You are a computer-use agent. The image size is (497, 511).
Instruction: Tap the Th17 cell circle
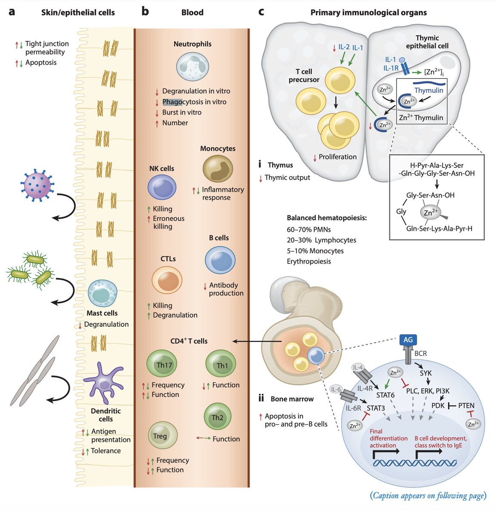tap(164, 365)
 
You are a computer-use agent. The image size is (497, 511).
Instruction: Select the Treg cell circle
tap(160, 436)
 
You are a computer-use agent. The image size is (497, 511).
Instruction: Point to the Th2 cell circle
tap(217, 417)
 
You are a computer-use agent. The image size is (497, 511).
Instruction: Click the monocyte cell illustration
tap(218, 169)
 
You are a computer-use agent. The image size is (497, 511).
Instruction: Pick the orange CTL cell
tap(167, 280)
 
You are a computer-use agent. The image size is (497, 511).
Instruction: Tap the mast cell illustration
tap(102, 294)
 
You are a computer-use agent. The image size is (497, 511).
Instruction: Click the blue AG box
tap(408, 339)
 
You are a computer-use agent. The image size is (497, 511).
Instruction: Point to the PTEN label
tap(466, 405)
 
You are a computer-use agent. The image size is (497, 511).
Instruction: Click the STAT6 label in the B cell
tap(385, 395)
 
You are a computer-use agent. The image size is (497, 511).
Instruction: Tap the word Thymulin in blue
tap(429, 90)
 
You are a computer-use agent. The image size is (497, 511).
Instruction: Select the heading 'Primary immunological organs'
tap(368, 12)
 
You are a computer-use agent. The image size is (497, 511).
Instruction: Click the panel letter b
tap(145, 11)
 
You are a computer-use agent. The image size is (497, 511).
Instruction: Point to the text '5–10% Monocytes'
tap(315, 251)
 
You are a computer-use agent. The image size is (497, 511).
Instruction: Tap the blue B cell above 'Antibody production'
tap(220, 260)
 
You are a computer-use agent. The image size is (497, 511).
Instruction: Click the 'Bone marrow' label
tap(292, 399)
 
